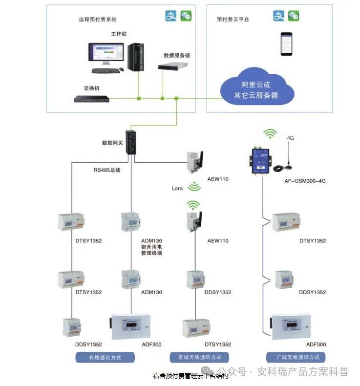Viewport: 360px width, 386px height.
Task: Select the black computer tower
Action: [135, 56]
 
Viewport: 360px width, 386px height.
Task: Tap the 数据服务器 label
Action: [177, 55]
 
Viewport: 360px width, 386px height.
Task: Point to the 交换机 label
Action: [92, 88]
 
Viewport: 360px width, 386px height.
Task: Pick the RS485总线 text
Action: [107, 171]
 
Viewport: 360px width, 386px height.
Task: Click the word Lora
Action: [177, 188]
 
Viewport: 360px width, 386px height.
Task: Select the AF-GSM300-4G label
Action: [305, 181]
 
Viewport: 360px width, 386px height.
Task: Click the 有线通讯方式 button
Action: [105, 357]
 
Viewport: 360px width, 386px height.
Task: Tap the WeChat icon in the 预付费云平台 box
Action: [293, 16]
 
